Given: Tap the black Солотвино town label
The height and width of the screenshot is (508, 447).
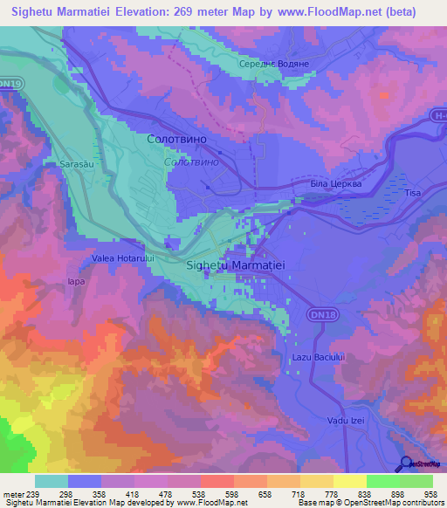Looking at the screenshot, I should tap(182, 140).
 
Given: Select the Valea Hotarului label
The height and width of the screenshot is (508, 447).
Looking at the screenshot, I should tap(122, 259).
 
